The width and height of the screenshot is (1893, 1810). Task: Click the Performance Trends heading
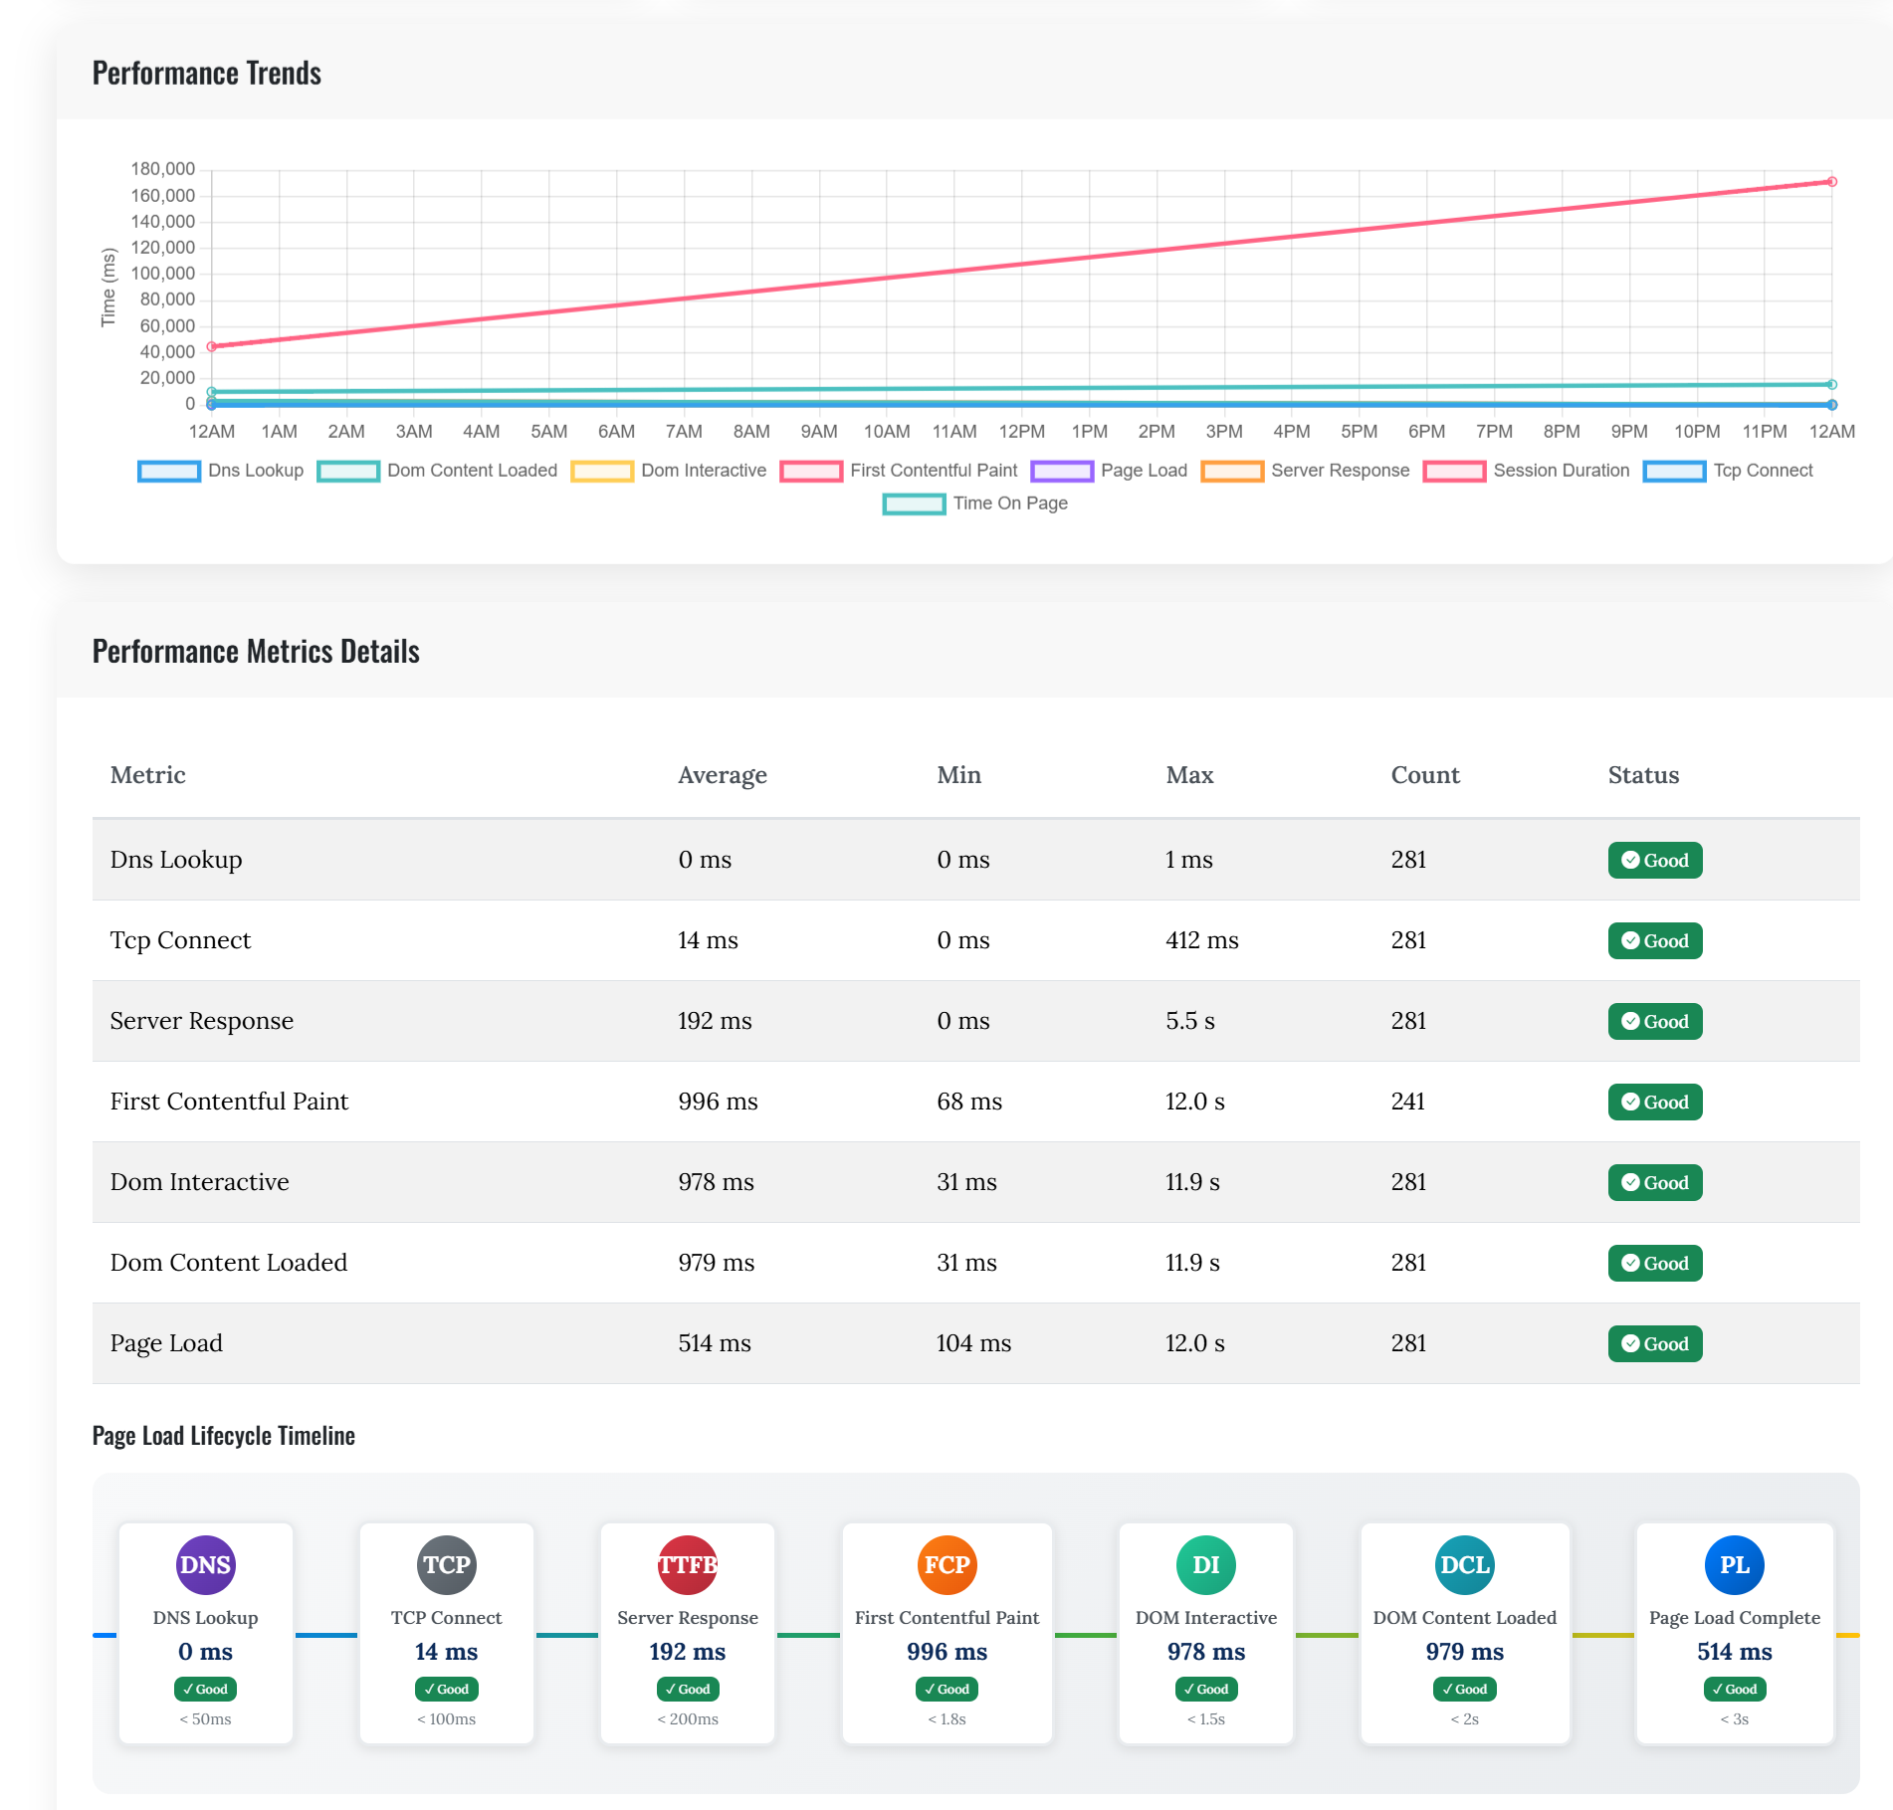click(206, 74)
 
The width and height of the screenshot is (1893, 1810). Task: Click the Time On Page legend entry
click(975, 503)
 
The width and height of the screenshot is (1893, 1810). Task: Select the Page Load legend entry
click(1110, 471)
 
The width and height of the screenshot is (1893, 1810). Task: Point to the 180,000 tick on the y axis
click(163, 169)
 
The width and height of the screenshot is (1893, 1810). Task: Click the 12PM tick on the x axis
click(1021, 432)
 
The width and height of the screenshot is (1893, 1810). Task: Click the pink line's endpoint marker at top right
click(1831, 182)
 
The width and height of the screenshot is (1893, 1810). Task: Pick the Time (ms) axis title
click(108, 287)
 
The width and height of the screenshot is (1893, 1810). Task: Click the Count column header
click(1424, 775)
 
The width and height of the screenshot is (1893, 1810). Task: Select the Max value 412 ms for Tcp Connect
click(1201, 940)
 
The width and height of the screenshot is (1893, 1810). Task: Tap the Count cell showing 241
click(1407, 1102)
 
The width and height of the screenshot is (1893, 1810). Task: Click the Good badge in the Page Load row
click(1654, 1343)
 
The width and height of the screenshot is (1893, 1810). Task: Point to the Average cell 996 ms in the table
click(718, 1102)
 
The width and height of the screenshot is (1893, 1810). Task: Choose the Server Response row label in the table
click(201, 1021)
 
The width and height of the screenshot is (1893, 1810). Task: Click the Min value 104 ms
click(972, 1343)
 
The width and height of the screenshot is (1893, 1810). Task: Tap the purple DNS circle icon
click(205, 1565)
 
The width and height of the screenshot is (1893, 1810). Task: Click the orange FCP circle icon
click(946, 1565)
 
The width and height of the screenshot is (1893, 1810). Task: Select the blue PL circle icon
click(1734, 1565)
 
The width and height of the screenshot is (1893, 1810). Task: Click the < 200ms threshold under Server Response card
click(687, 1719)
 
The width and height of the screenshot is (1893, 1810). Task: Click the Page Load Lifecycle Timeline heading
click(223, 1436)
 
